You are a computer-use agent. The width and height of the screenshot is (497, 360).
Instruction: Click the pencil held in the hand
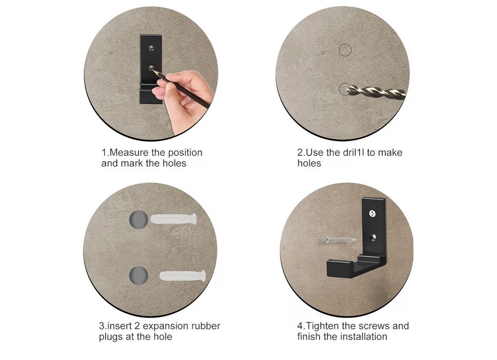click(181, 89)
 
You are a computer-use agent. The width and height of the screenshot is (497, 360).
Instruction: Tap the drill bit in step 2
click(376, 92)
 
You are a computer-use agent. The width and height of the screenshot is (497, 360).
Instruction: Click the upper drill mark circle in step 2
click(345, 50)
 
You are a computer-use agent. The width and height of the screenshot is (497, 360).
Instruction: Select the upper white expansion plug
click(173, 219)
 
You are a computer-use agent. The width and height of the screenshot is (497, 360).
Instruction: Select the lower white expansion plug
click(183, 276)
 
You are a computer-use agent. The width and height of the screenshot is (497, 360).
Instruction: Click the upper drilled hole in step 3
click(139, 220)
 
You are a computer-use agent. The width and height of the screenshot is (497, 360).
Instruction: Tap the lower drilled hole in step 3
click(139, 276)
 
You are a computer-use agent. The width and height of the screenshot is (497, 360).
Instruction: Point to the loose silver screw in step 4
click(341, 239)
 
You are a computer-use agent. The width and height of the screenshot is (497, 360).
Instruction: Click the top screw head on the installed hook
click(372, 214)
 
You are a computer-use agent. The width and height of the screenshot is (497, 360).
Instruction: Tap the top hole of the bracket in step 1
click(151, 48)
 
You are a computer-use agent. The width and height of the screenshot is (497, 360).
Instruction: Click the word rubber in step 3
click(207, 326)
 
